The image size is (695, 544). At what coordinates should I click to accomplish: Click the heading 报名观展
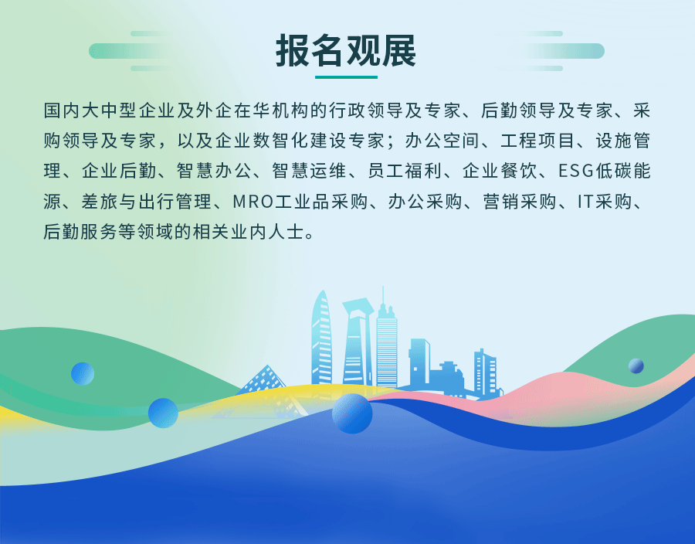pyautogui.click(x=346, y=50)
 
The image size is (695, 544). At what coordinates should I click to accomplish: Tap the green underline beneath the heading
pyautogui.click(x=346, y=77)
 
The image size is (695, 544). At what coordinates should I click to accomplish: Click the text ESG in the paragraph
pyautogui.click(x=575, y=171)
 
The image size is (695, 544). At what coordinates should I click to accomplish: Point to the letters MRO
pyautogui.click(x=253, y=202)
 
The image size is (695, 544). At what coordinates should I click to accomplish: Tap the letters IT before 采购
pyautogui.click(x=585, y=202)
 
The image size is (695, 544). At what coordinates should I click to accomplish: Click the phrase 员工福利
pyautogui.click(x=404, y=171)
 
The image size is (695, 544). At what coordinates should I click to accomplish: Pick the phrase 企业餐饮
pyautogui.click(x=499, y=171)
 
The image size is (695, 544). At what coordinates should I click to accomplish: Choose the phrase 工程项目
pyautogui.click(x=537, y=141)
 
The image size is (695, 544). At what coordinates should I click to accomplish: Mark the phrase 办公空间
pyautogui.click(x=442, y=141)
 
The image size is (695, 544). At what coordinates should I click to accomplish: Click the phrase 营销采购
pyautogui.click(x=520, y=202)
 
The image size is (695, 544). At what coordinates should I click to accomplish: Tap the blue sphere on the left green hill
pyautogui.click(x=83, y=373)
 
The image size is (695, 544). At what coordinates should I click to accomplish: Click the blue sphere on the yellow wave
pyautogui.click(x=163, y=413)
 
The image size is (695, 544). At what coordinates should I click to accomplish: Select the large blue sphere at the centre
pyautogui.click(x=352, y=413)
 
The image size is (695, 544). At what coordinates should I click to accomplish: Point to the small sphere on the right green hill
pyautogui.click(x=636, y=365)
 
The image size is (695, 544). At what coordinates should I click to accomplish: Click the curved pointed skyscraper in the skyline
pyautogui.click(x=321, y=339)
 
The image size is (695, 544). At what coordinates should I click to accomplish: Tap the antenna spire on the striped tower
pyautogui.click(x=383, y=297)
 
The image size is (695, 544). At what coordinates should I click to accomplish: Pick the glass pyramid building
pyautogui.click(x=264, y=380)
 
